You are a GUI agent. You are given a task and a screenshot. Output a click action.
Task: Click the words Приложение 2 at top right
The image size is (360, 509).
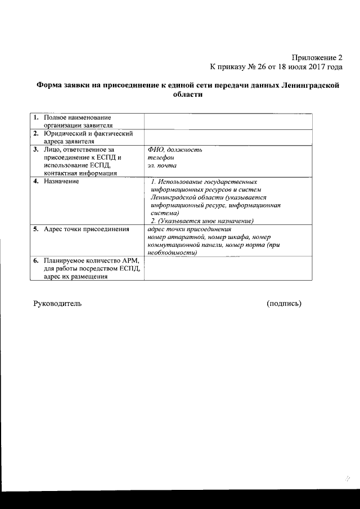pos(317,57)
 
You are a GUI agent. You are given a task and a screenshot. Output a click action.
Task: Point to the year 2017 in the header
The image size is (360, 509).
pos(312,66)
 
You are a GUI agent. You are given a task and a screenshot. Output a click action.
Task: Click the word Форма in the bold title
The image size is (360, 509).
pos(49,85)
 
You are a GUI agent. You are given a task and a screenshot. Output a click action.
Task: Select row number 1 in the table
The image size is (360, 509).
pos(35,118)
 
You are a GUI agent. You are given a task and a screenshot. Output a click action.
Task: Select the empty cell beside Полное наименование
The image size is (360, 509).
pos(228,121)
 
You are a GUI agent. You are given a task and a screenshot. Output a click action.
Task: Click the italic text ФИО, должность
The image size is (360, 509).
pos(174,150)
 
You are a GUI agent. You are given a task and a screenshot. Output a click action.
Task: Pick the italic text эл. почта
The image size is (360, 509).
pos(162,166)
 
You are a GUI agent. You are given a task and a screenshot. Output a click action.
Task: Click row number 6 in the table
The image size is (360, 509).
pos(35,261)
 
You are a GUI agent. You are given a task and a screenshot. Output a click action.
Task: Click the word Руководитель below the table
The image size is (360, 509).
pos(57,303)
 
